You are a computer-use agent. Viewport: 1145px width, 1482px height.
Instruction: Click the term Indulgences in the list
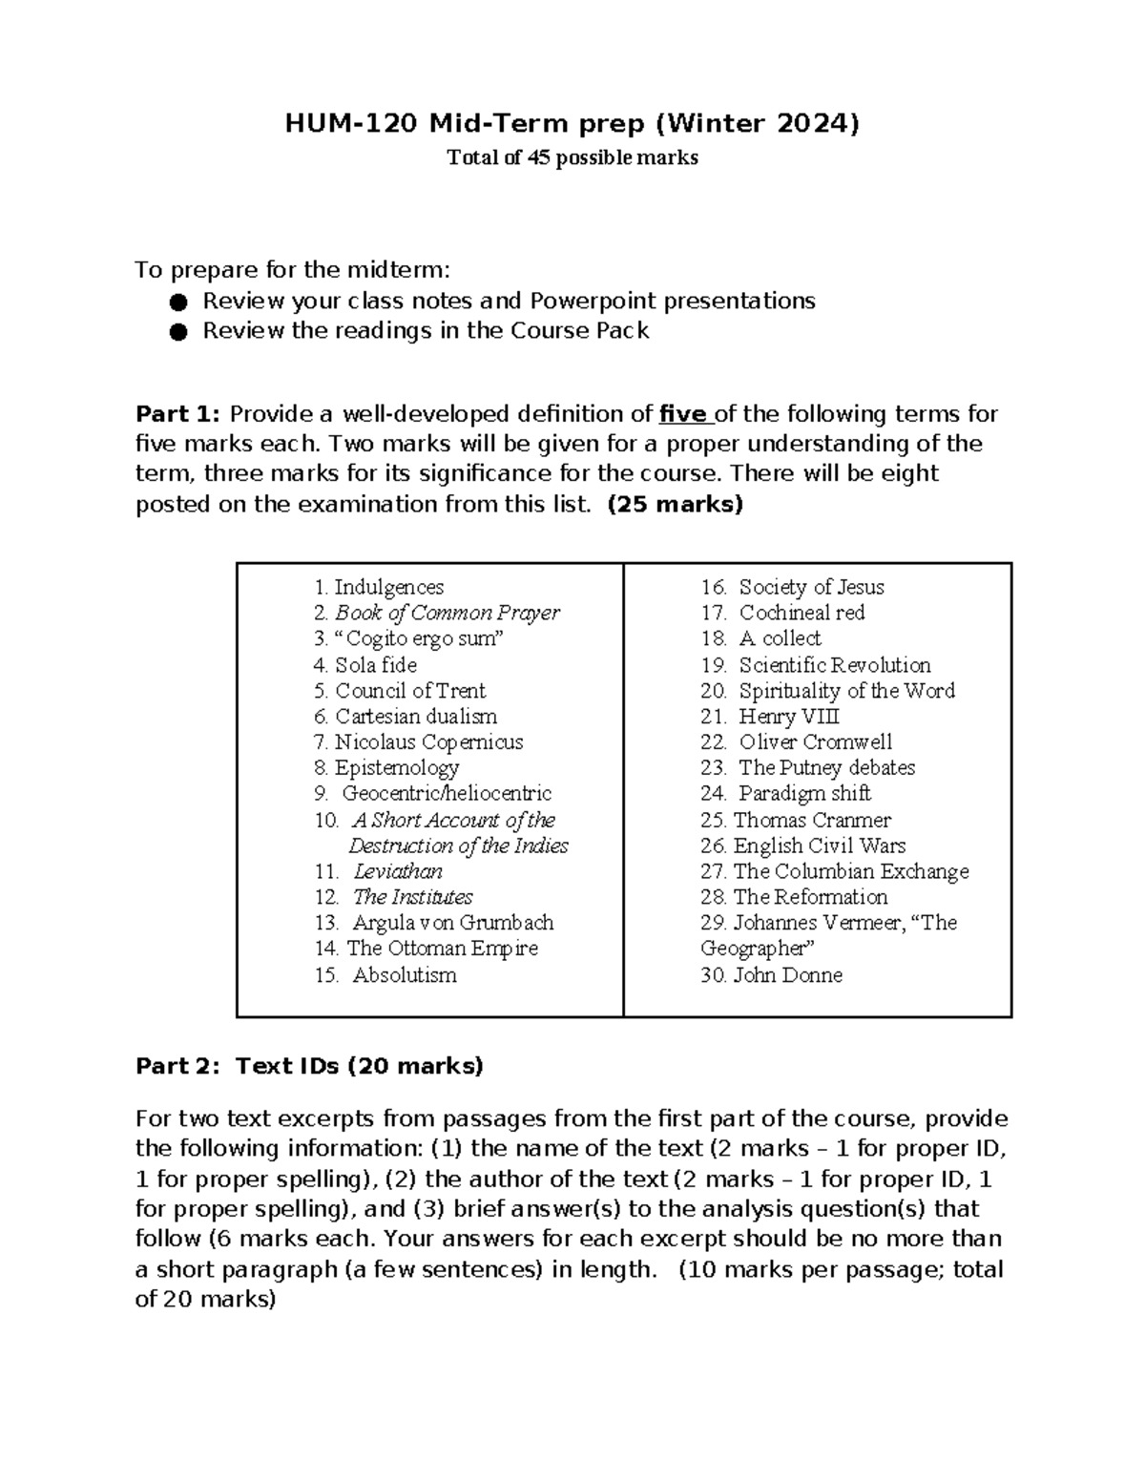coord(388,587)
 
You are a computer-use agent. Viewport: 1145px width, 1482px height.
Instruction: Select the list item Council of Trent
coord(409,690)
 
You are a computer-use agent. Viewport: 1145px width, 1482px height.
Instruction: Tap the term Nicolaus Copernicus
coord(428,741)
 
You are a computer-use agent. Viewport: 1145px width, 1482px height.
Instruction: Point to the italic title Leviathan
coord(398,871)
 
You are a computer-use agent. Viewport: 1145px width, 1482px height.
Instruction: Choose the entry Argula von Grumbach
coord(452,923)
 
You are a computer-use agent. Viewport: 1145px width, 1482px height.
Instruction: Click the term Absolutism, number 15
coord(405,975)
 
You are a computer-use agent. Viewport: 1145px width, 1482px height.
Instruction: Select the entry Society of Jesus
coord(811,587)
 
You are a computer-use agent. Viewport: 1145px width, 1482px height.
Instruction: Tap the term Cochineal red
coord(801,613)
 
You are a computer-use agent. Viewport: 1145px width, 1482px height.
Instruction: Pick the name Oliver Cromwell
coord(815,741)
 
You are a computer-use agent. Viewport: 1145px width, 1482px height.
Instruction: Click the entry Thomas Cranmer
coord(811,820)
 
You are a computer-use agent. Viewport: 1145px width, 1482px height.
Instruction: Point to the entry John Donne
coord(787,975)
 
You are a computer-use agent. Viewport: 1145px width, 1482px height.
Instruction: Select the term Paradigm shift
coord(804,793)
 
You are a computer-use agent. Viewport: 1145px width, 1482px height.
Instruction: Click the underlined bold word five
coord(683,414)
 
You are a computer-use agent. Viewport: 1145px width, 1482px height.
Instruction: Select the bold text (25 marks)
coord(675,504)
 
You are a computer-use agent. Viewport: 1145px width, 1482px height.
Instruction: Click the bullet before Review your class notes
coord(177,302)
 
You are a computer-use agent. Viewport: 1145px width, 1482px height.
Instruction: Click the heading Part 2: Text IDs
coord(309,1066)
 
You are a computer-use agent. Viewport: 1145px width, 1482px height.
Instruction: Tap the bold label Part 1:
coord(178,414)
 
